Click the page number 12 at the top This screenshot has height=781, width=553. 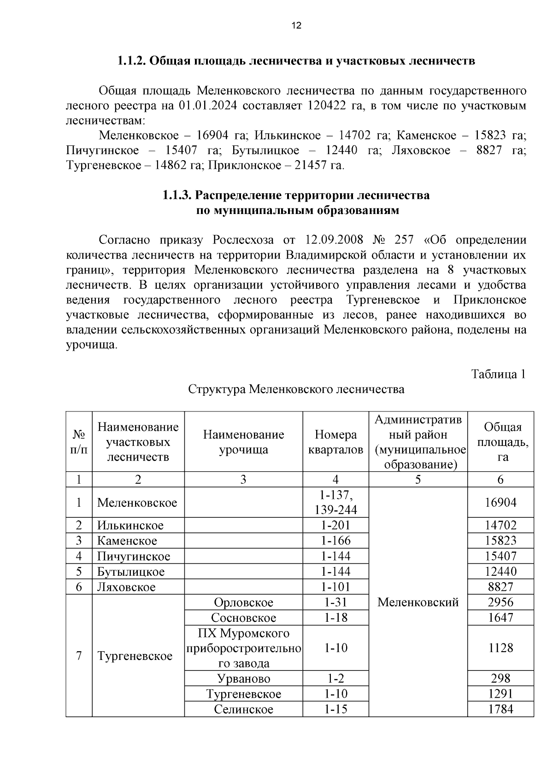pyautogui.click(x=296, y=26)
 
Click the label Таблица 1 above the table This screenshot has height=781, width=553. pyautogui.click(x=498, y=374)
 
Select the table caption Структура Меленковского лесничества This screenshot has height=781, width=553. pyautogui.click(x=296, y=389)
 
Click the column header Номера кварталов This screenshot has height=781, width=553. pyautogui.click(x=335, y=442)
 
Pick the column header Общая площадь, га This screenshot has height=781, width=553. pyautogui.click(x=500, y=442)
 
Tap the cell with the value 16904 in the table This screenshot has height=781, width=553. pyautogui.click(x=500, y=502)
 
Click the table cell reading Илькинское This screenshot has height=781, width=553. pyautogui.click(x=130, y=525)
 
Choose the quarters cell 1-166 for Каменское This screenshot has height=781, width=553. pyautogui.click(x=335, y=540)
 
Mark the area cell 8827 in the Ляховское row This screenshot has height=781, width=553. pyautogui.click(x=500, y=587)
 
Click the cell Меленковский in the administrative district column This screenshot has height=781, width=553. pyautogui.click(x=418, y=602)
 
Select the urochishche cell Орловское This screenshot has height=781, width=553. pyautogui.click(x=243, y=602)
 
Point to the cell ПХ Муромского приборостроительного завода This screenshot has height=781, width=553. pyautogui.click(x=243, y=648)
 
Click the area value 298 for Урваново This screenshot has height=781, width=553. pyautogui.click(x=500, y=678)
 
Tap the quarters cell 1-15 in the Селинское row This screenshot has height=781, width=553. pyautogui.click(x=335, y=709)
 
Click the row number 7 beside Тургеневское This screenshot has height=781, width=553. pyautogui.click(x=79, y=655)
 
